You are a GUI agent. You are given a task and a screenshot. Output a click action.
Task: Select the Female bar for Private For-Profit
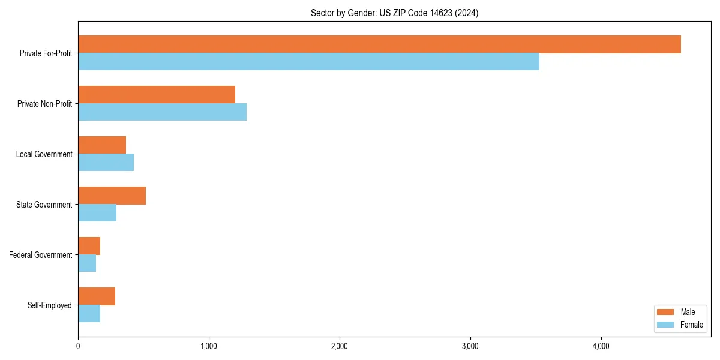[x=308, y=62]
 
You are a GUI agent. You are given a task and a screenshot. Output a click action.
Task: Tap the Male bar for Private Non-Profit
[x=157, y=95]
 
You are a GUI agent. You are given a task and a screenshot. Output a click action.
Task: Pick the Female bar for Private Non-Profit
[x=162, y=112]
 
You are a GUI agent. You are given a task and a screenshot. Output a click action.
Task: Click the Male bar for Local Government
[x=102, y=145]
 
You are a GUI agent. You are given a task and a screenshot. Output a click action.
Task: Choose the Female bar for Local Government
[x=106, y=163]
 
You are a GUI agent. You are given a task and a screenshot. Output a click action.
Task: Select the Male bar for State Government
[x=112, y=196]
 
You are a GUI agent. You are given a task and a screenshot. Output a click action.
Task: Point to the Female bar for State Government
[x=97, y=213]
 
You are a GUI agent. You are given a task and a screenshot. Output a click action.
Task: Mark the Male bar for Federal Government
[x=89, y=246]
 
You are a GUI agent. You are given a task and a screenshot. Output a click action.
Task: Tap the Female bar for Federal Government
[x=87, y=263]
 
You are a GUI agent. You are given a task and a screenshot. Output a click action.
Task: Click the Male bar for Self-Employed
[x=97, y=296]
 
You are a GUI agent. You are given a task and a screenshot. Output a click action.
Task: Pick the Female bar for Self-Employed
[x=89, y=314]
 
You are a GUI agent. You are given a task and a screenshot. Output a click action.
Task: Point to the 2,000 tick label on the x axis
[x=340, y=346]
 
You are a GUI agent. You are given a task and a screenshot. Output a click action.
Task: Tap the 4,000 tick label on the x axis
[x=601, y=346]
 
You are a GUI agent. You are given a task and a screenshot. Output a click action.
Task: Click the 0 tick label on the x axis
[x=78, y=346]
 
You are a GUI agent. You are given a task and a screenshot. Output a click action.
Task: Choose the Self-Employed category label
[x=50, y=305]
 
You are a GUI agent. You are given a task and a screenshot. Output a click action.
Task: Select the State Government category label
[x=44, y=205]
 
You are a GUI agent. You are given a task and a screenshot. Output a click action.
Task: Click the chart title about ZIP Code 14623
[x=394, y=13]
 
